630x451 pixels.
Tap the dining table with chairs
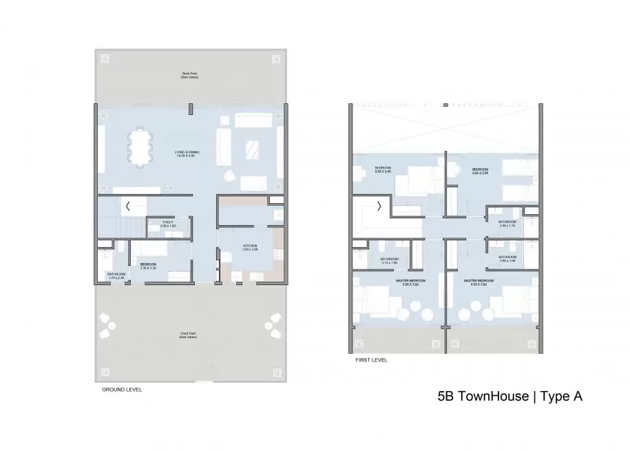pos(140,147)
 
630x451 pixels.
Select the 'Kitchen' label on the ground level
pos(249,247)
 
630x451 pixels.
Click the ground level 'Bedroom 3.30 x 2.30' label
pos(149,265)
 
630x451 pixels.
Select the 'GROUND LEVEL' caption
pos(121,390)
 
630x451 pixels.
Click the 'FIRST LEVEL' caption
pos(371,359)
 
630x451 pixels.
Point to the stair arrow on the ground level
pos(128,205)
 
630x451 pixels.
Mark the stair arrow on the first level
pos(378,205)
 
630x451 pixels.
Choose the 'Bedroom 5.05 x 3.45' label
pos(383,169)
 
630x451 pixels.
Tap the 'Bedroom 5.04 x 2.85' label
pos(480,171)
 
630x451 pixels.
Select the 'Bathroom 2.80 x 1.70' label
pos(507,224)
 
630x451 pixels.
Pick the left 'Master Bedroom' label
pos(410,282)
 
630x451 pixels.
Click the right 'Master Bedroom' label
pos(477,282)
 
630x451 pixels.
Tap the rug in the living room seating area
pos(252,147)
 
